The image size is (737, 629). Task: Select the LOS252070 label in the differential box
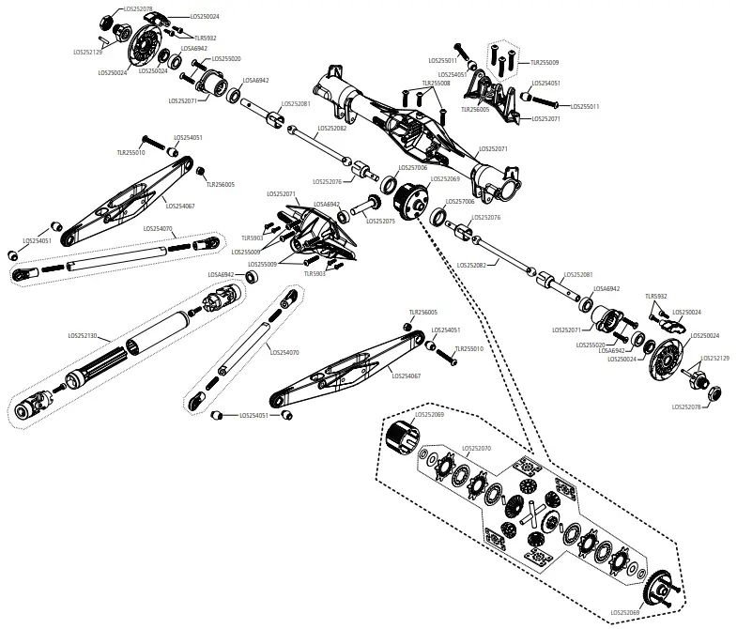(x=473, y=449)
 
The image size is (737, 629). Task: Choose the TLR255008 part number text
(x=435, y=83)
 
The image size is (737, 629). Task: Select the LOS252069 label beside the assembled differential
(x=445, y=178)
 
